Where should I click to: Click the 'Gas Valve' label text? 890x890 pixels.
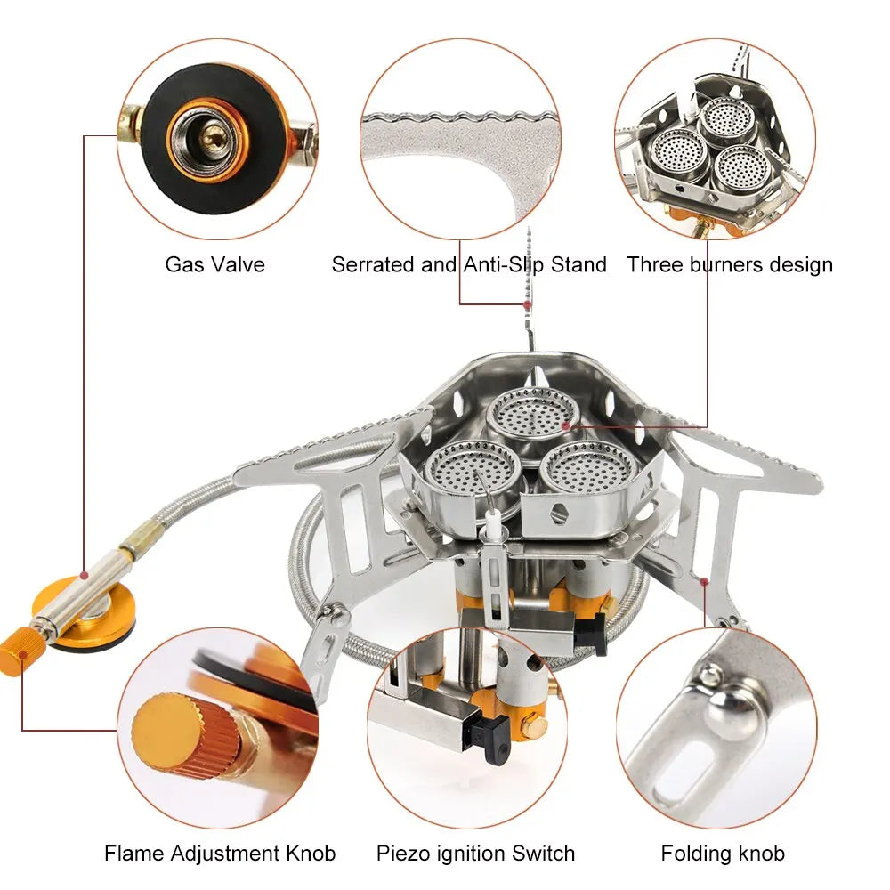[214, 264]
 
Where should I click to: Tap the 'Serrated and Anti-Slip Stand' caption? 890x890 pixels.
[469, 264]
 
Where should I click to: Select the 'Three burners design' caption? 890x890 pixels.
[730, 264]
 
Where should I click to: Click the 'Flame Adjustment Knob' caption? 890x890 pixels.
[220, 854]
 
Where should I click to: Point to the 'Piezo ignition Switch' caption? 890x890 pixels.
[475, 854]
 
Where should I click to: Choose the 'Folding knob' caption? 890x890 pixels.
[723, 854]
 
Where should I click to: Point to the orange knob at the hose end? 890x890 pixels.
[19, 651]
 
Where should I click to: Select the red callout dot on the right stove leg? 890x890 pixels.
[704, 581]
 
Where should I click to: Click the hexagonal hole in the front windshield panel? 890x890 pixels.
[560, 514]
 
